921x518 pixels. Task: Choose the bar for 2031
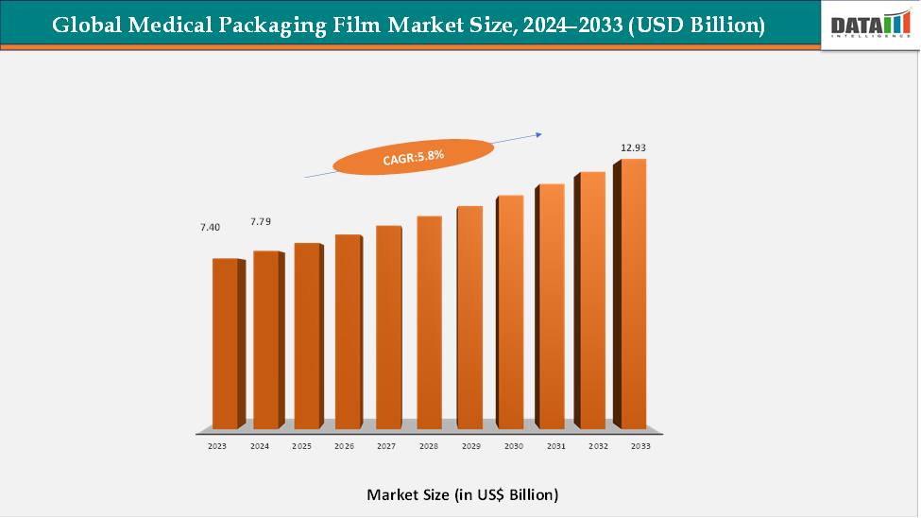click(552, 306)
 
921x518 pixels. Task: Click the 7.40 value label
click(210, 228)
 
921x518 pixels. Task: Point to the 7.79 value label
click(261, 221)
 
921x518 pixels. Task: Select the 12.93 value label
click(633, 148)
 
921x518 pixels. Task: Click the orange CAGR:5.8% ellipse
click(414, 156)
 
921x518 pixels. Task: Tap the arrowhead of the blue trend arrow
click(538, 134)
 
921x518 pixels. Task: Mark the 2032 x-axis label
click(597, 445)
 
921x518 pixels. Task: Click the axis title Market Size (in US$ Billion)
click(462, 494)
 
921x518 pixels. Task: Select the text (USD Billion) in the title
click(697, 26)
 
